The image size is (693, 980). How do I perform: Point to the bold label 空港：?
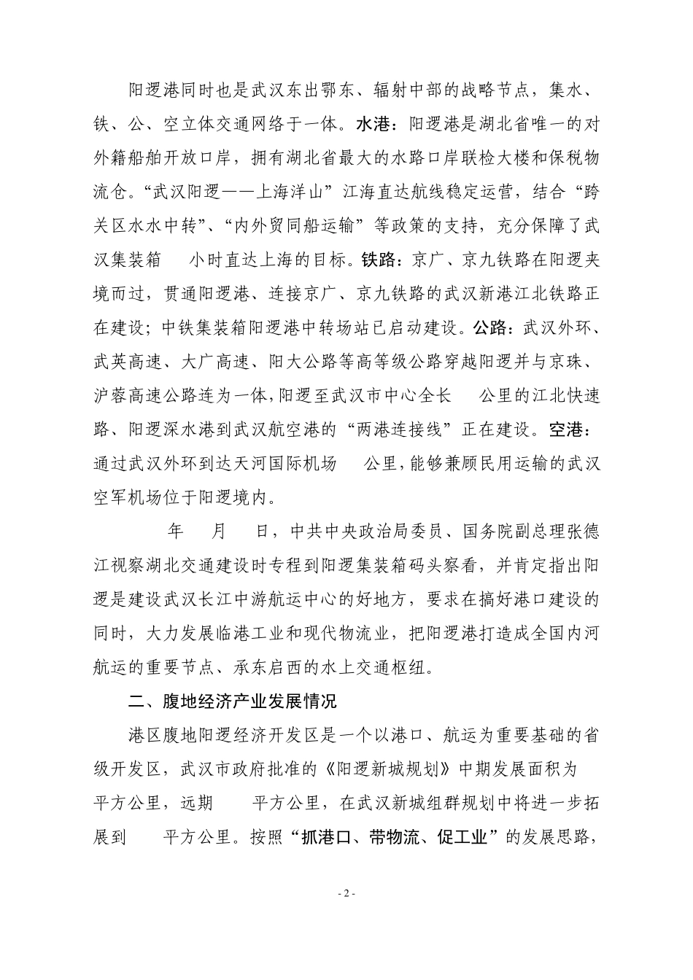click(x=576, y=429)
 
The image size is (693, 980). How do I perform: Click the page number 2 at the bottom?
click(x=346, y=914)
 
